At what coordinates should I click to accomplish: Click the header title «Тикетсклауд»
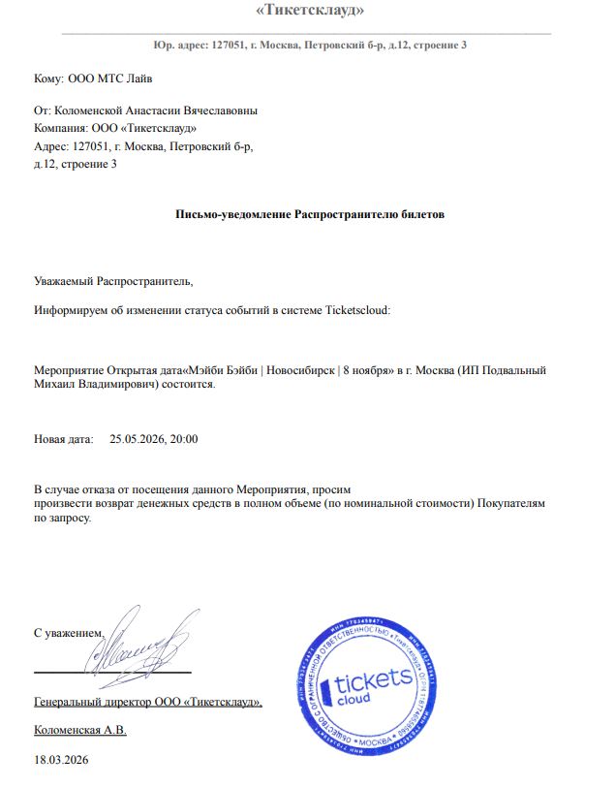[309, 11]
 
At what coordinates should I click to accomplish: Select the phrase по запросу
[63, 519]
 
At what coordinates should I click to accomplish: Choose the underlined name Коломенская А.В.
[80, 729]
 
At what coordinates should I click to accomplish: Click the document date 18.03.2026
[61, 760]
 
